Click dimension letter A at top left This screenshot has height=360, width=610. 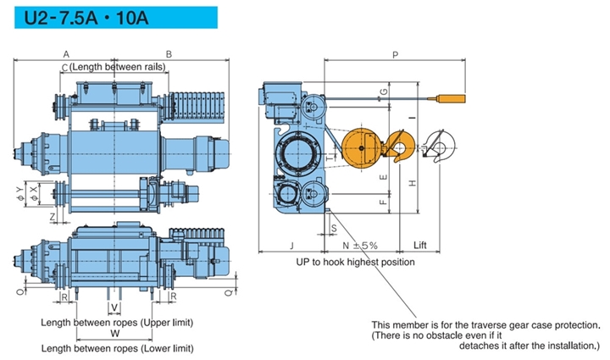66,54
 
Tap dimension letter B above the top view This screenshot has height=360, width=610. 169,54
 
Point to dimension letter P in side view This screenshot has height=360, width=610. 396,54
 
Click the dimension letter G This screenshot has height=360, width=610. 383,91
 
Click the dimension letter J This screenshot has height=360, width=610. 291,245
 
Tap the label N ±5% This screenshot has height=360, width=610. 359,245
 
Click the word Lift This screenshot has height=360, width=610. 420,245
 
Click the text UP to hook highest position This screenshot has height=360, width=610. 355,262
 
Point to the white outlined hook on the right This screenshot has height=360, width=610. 438,149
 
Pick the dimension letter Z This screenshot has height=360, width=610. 53,216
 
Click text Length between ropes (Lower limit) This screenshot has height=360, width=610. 117,348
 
